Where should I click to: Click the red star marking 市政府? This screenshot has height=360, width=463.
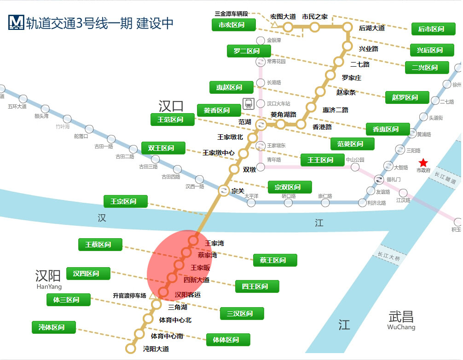[423, 163]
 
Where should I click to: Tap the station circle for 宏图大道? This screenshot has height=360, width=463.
[288, 27]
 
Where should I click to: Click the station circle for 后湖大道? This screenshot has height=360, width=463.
[347, 27]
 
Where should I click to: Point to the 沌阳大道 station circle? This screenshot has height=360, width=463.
[131, 349]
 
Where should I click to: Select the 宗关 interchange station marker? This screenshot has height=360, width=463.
[223, 190]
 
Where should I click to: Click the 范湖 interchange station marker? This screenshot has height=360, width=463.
[260, 124]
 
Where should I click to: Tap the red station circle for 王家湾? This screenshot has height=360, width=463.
[193, 240]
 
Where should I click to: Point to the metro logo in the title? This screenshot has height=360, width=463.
[16, 23]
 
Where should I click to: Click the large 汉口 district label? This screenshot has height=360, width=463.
[171, 106]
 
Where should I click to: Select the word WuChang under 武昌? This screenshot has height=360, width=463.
[401, 327]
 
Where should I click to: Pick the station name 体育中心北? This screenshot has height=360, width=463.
[175, 320]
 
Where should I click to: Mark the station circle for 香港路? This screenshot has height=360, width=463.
[301, 124]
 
